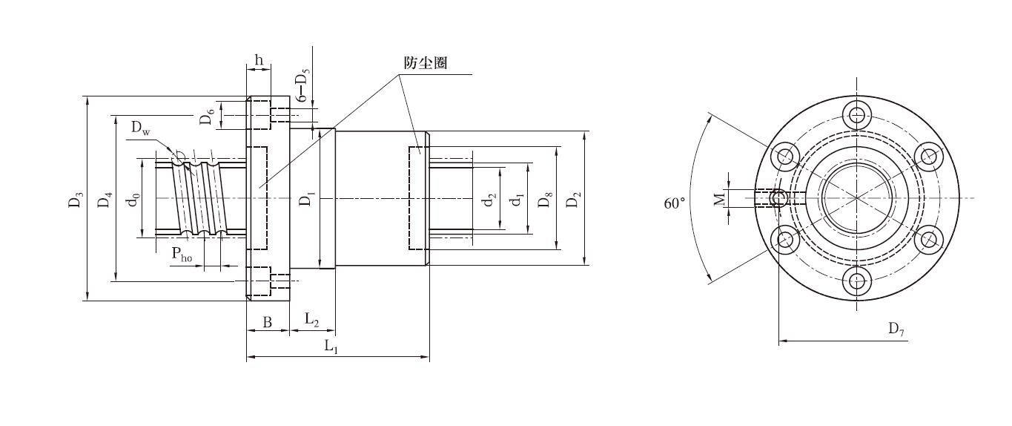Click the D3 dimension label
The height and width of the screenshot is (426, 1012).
click(x=76, y=200)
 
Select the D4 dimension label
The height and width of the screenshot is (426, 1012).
click(x=105, y=200)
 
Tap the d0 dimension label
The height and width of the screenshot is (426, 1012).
click(x=134, y=200)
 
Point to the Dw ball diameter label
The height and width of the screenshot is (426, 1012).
click(x=141, y=128)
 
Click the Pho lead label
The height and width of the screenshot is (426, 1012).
click(x=182, y=254)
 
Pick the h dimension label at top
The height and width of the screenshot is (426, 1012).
click(x=259, y=59)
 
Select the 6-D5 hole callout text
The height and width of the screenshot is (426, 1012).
click(x=302, y=85)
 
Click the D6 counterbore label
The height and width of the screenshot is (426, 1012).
click(x=207, y=117)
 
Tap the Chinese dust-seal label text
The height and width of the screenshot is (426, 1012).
click(x=426, y=63)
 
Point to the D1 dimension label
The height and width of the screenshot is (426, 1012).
click(x=307, y=199)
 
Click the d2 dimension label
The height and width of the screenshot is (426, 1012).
click(x=490, y=200)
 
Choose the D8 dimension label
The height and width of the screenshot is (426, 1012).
click(x=546, y=200)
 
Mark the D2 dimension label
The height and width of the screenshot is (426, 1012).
click(x=573, y=200)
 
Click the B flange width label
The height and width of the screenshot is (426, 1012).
click(x=268, y=322)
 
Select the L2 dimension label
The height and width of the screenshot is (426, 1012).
click(x=311, y=319)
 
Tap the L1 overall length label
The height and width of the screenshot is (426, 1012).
click(x=331, y=347)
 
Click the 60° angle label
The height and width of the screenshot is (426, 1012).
click(x=675, y=203)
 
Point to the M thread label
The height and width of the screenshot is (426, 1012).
click(x=719, y=199)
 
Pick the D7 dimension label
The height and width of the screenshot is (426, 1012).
click(x=896, y=329)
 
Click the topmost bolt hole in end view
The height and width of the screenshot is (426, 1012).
click(x=857, y=114)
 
